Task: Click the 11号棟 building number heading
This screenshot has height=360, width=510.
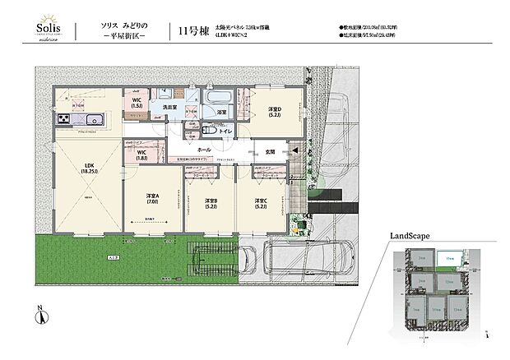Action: pos(192,31)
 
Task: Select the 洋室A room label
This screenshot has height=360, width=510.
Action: pos(153,197)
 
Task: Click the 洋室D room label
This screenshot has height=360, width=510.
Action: pos(274,113)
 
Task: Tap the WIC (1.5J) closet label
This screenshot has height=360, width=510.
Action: pos(137,104)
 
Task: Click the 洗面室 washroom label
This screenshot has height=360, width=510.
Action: pos(170,108)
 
